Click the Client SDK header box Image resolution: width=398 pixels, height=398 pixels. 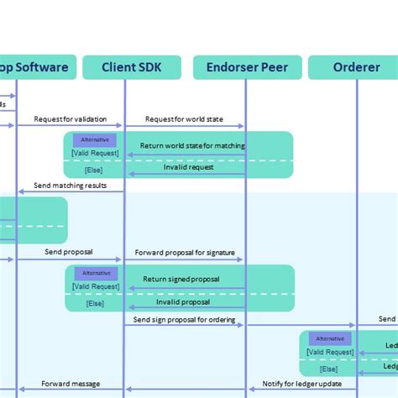(x=132, y=67)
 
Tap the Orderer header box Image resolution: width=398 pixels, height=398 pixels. (x=355, y=67)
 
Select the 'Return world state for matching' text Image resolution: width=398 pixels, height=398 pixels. (x=193, y=146)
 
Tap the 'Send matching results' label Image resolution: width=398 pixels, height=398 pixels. (x=70, y=186)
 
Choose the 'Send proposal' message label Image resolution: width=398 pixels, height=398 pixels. (x=68, y=252)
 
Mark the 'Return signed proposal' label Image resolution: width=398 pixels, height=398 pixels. (x=181, y=279)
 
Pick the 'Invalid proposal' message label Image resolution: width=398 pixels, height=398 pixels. (x=183, y=301)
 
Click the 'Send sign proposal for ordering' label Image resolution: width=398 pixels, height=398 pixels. (x=185, y=319)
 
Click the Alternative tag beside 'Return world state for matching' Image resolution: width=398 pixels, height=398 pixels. (x=96, y=139)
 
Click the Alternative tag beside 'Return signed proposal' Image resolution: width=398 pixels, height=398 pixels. (x=96, y=273)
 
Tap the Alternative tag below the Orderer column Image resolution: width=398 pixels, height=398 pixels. (x=330, y=338)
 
